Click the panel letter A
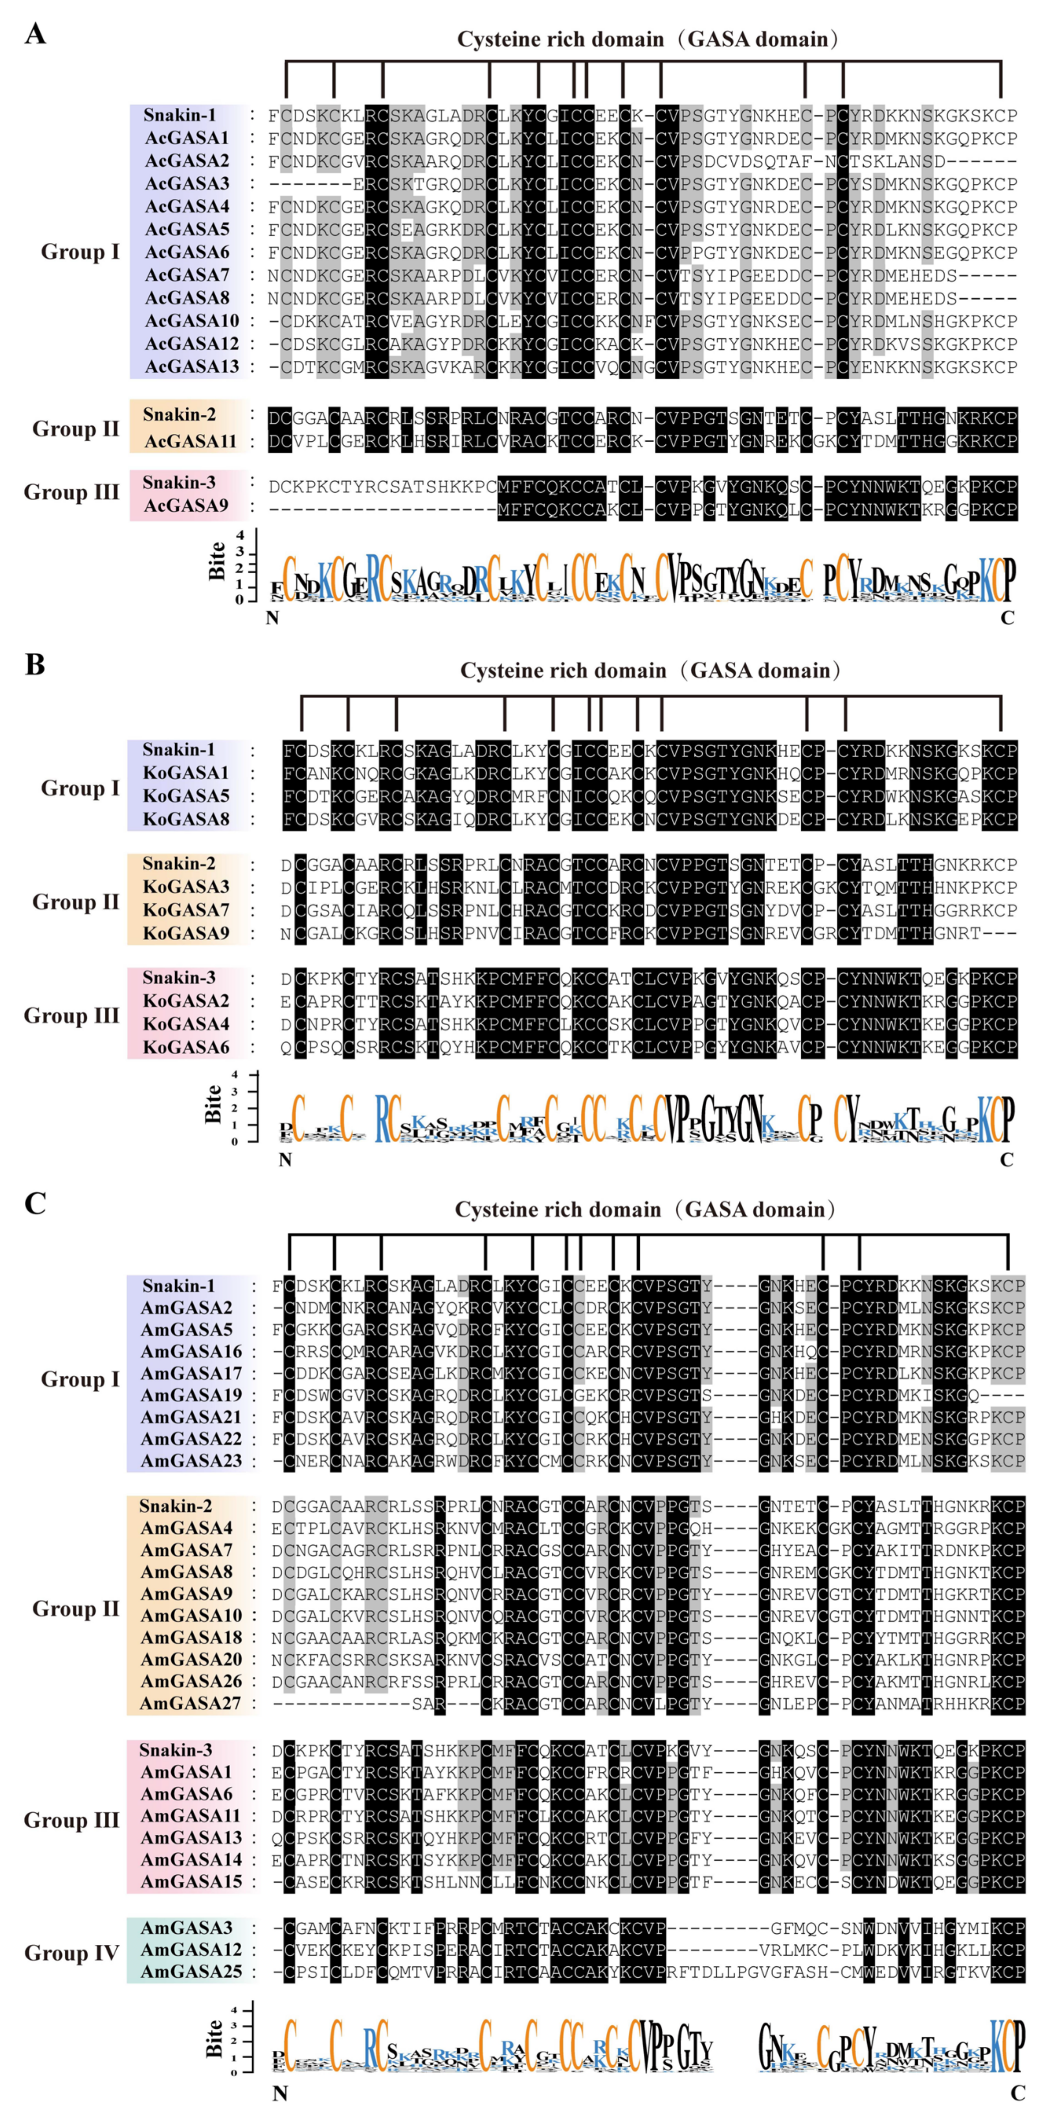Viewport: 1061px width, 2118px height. (x=35, y=35)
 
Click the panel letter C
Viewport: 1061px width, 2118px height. (x=35, y=1203)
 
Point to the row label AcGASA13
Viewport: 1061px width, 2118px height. (x=192, y=367)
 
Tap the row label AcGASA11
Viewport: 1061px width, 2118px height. (x=190, y=442)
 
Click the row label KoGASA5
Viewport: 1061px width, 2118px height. (x=186, y=796)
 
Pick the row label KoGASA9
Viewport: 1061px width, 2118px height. (x=186, y=933)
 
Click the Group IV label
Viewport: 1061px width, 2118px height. (x=72, y=1952)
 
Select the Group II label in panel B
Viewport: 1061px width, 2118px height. (x=76, y=902)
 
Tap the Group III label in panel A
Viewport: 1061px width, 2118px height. (x=72, y=492)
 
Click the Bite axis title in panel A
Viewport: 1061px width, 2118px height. (x=216, y=561)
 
